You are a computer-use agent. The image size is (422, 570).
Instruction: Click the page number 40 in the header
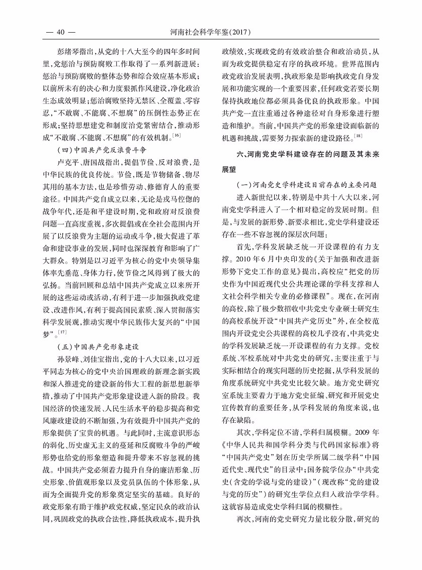coord(60,33)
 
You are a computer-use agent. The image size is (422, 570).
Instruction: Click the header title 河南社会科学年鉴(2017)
coord(211,33)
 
